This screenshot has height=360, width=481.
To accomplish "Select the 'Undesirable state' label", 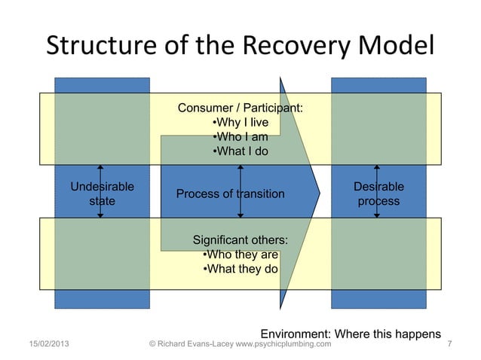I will [x=103, y=194].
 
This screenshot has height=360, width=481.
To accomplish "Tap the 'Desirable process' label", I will [x=378, y=194].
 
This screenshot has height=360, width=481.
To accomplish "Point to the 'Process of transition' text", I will [x=230, y=194].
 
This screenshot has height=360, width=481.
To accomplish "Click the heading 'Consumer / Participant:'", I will [x=240, y=109].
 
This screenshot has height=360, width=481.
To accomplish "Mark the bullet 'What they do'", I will [x=240, y=268].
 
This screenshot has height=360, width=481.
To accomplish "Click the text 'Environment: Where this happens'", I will [x=351, y=334].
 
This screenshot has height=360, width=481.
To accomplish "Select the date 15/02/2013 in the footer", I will [x=37, y=345].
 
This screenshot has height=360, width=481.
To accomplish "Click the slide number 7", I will [x=449, y=345].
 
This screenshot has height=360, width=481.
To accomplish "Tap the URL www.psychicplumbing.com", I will [x=280, y=345].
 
